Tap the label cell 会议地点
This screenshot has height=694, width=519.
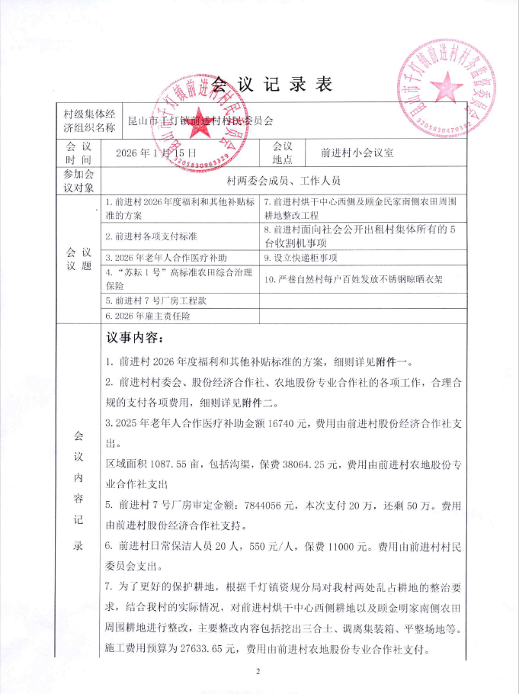click(282, 153)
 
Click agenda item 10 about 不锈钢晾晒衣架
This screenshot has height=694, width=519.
click(358, 279)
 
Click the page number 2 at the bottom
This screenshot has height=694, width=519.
click(258, 671)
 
